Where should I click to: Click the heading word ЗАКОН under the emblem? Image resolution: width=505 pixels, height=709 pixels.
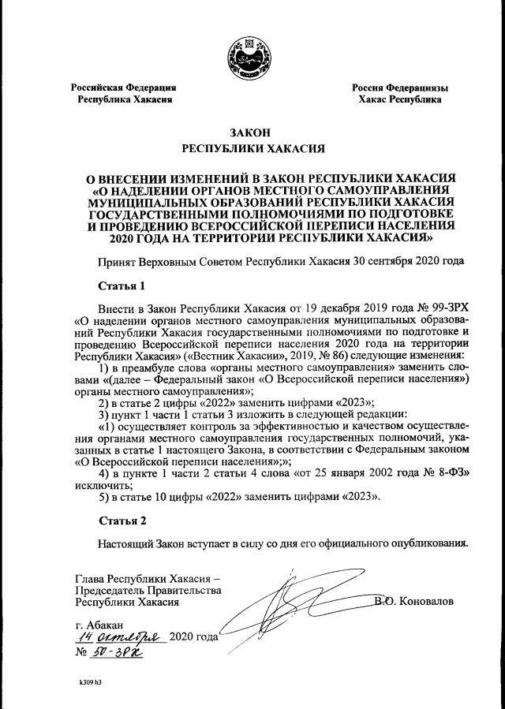coord(252,133)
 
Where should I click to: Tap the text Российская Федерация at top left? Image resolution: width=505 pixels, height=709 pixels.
coord(122,88)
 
